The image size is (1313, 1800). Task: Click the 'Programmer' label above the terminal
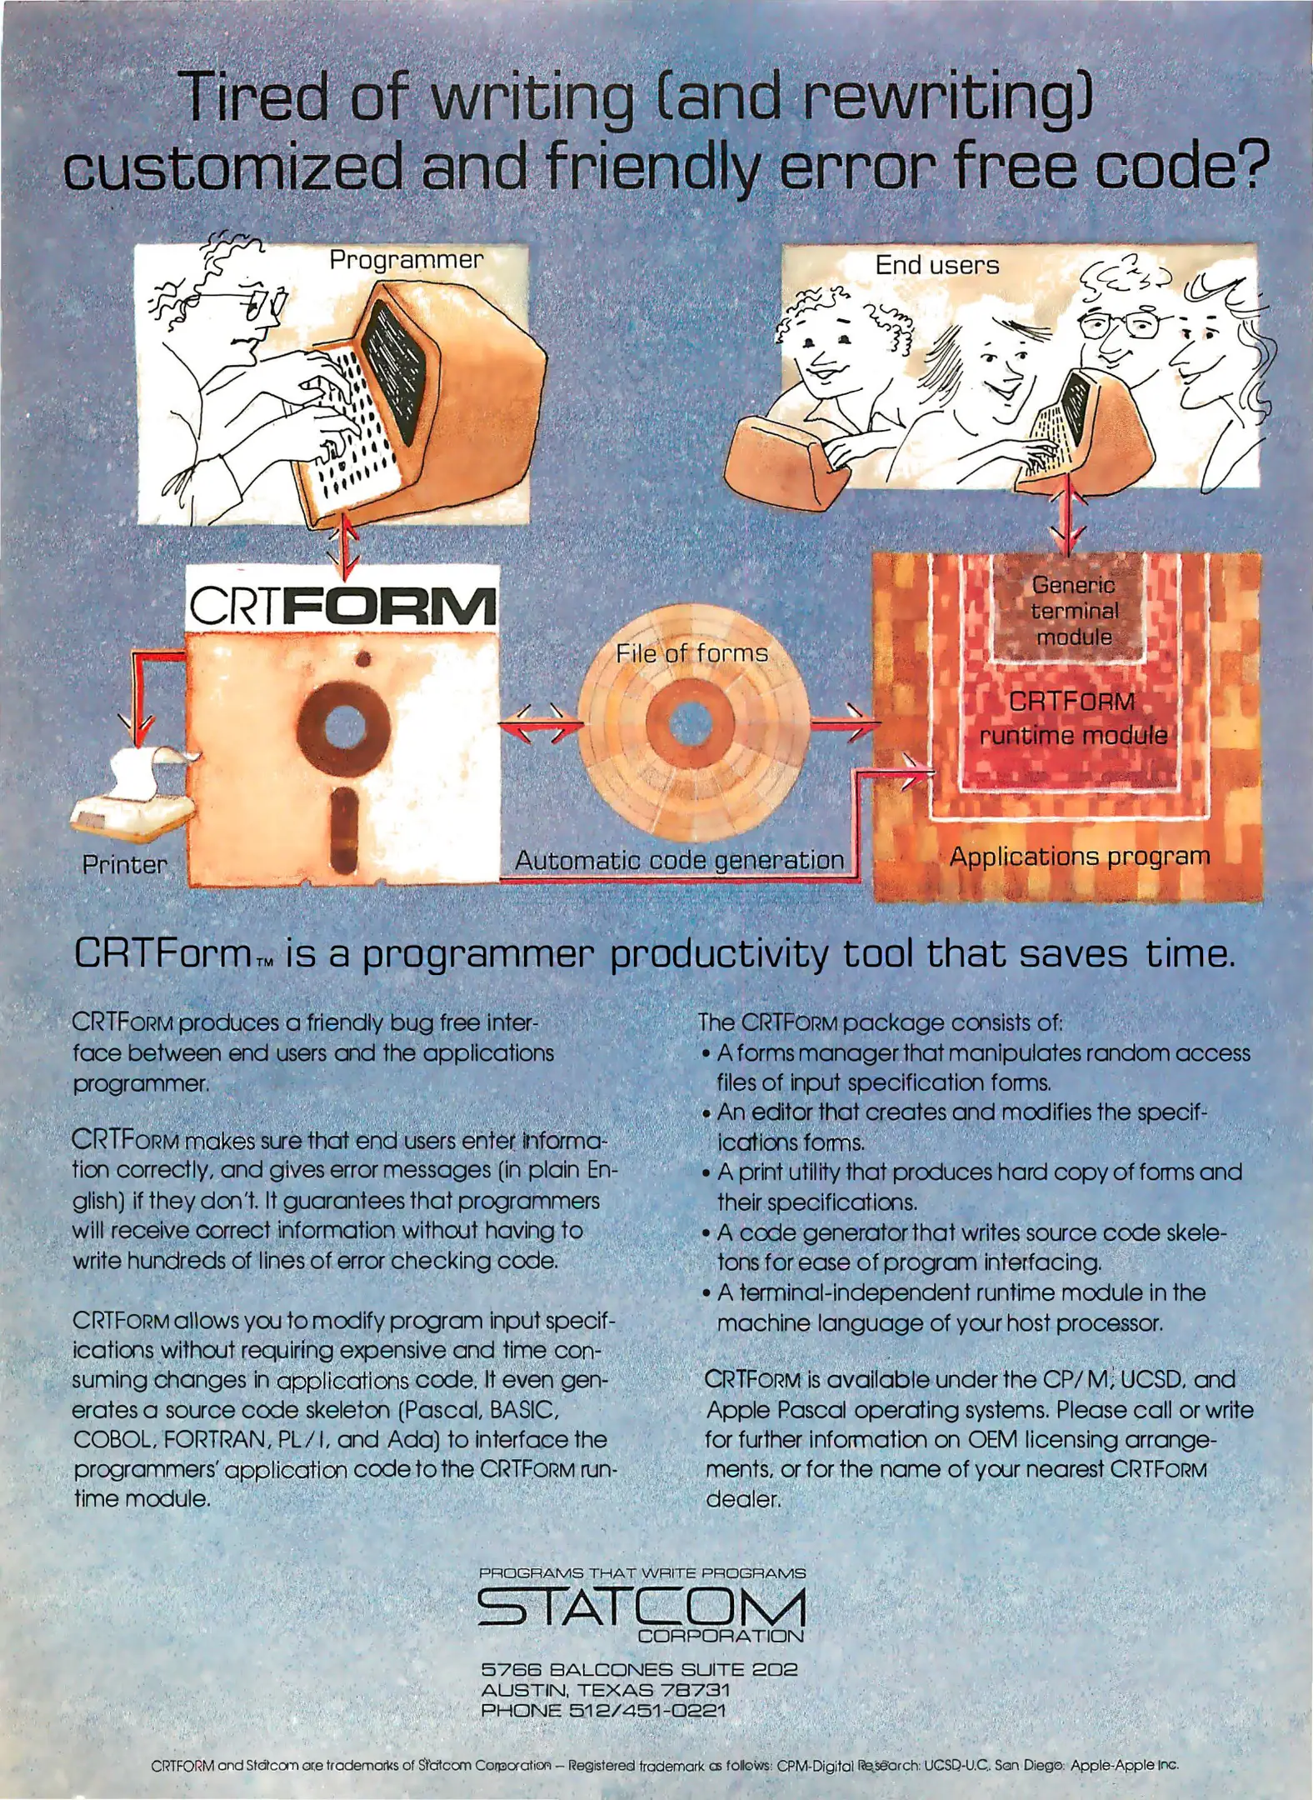(406, 261)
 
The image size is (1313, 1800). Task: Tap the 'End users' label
(936, 265)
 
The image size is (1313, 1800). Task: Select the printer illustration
(134, 791)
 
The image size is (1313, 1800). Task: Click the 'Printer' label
(124, 864)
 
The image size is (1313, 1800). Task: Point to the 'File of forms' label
(691, 653)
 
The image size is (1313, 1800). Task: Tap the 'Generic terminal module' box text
(1073, 611)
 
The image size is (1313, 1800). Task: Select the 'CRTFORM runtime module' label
(1073, 718)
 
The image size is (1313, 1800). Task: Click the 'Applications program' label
(1080, 857)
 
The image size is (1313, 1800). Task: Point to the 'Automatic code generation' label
(679, 860)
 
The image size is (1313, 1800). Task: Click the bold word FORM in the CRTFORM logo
(389, 606)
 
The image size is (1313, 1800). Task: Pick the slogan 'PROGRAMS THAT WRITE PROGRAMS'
(642, 1573)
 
